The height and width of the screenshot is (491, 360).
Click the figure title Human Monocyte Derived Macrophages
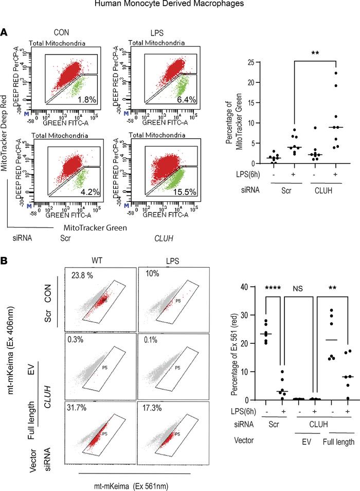click(x=179, y=6)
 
